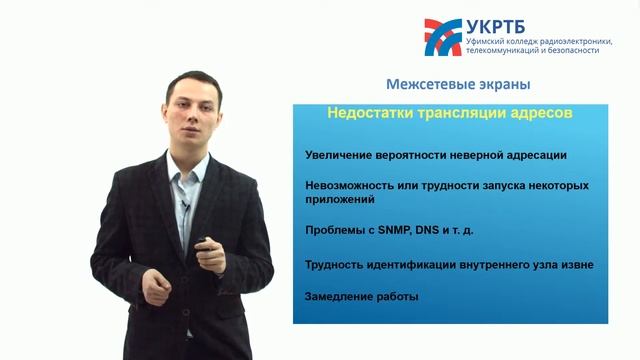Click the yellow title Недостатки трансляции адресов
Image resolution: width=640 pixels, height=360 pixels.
coord(450,114)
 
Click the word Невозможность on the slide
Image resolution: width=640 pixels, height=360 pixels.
coord(346,186)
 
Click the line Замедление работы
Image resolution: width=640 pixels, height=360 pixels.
coord(362,297)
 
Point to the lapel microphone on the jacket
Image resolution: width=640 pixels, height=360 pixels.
coord(184,207)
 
